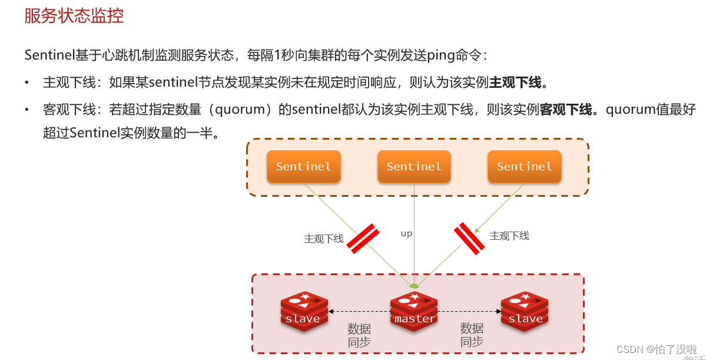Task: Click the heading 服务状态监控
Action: click(74, 16)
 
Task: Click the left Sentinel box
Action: click(303, 166)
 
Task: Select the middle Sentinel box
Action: click(414, 166)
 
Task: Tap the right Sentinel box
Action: click(524, 166)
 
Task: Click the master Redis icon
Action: click(414, 311)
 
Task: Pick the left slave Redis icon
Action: click(303, 311)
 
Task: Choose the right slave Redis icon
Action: click(525, 311)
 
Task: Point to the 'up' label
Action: click(406, 233)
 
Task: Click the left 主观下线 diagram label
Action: click(323, 239)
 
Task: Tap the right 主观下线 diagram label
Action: click(509, 236)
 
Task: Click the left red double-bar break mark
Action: click(363, 239)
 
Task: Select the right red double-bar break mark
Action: click(469, 238)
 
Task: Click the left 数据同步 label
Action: click(359, 335)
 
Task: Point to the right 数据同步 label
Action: click(472, 335)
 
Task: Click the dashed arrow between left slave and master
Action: click(359, 311)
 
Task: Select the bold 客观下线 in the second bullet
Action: click(566, 110)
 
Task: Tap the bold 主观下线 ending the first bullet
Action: click(515, 82)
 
